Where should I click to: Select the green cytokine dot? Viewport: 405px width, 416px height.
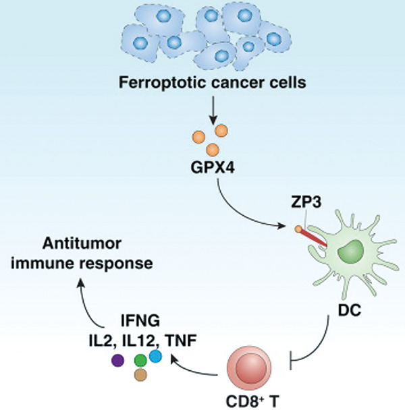(x=141, y=360)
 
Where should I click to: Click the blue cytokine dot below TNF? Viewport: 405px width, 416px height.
(x=156, y=355)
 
